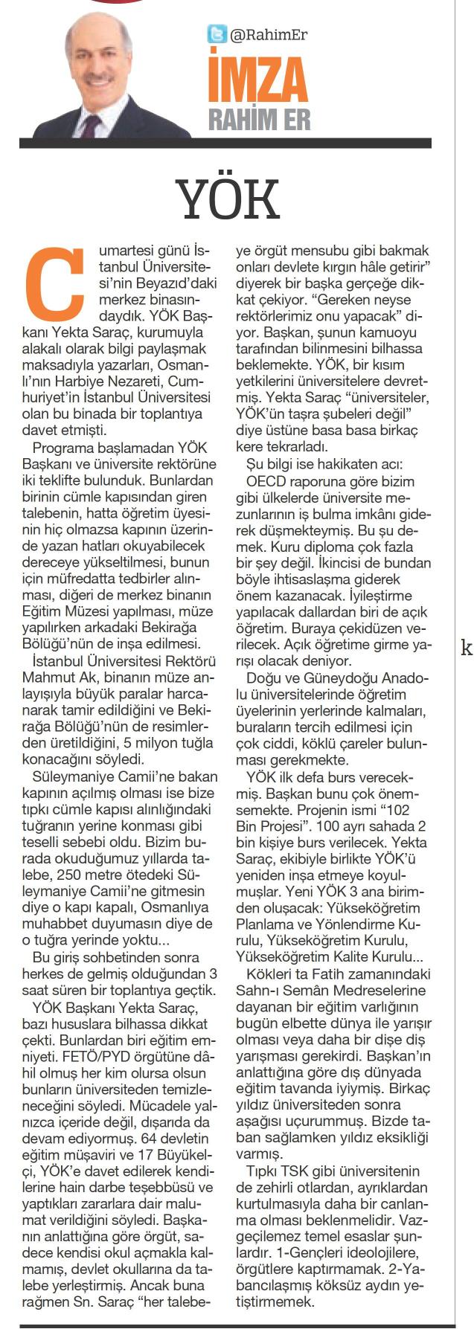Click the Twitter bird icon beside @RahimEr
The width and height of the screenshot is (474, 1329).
coord(217,34)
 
